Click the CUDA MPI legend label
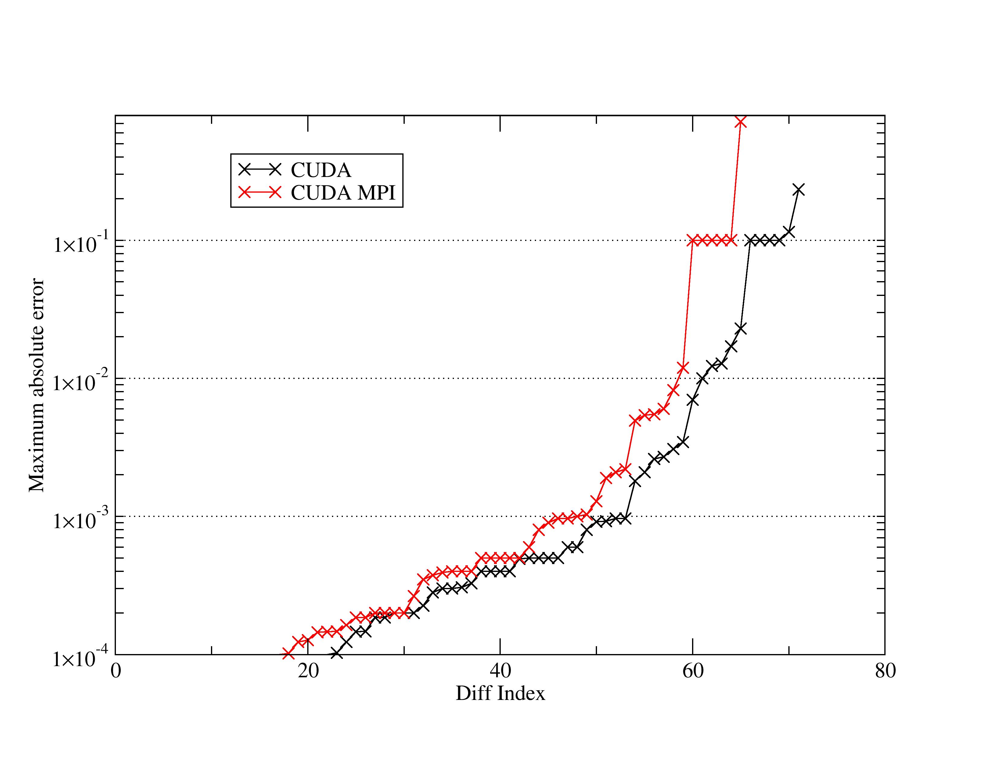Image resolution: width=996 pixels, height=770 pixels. [x=343, y=193]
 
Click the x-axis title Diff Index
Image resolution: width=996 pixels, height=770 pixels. [x=500, y=693]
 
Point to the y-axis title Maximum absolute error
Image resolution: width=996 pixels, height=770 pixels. [x=37, y=386]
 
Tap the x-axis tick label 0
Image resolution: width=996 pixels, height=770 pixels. [x=116, y=671]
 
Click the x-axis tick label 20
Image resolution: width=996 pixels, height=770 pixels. [x=308, y=671]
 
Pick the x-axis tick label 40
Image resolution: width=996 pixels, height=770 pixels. [x=500, y=671]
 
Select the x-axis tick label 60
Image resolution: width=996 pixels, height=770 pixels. [x=693, y=671]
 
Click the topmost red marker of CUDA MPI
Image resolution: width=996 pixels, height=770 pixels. [x=741, y=122]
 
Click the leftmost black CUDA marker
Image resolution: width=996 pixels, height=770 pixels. [x=337, y=654]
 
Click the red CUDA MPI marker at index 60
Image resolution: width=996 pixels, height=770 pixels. [x=693, y=240]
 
